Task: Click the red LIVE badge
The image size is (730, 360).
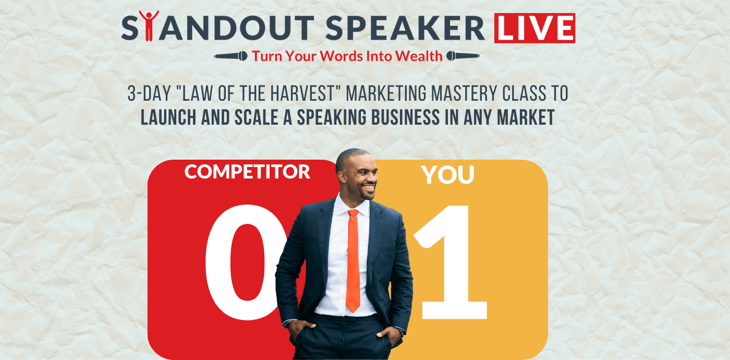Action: [534, 28]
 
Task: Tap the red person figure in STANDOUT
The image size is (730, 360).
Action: [149, 26]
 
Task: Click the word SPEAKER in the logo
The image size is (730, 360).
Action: [405, 28]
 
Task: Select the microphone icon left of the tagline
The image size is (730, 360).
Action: [230, 56]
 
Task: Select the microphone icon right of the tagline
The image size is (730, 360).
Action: [463, 56]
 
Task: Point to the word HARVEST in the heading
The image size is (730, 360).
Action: [303, 93]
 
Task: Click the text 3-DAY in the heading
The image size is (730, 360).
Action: [149, 93]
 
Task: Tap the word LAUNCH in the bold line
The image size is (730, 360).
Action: [168, 117]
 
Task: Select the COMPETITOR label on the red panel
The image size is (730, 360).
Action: [247, 172]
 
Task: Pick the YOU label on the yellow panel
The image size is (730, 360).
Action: [448, 175]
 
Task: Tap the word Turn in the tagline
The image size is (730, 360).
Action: [266, 56]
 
